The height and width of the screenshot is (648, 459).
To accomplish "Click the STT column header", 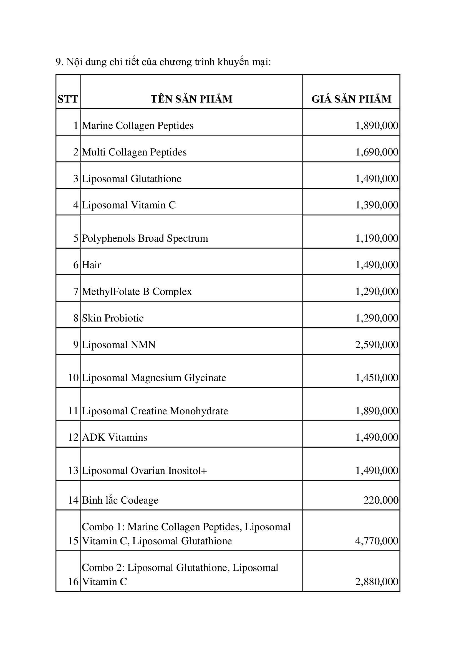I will click(68, 99).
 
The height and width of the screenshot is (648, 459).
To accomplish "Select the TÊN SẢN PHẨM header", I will click(191, 99).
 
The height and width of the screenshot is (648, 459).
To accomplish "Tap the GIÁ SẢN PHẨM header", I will click(351, 99).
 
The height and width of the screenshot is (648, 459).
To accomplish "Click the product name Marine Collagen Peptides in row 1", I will click(138, 126).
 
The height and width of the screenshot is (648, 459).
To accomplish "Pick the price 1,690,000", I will click(377, 152).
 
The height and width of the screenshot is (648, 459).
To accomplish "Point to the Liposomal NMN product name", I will click(119, 345).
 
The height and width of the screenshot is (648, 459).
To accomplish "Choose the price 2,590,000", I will click(377, 345).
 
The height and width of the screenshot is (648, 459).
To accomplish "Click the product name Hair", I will click(91, 265).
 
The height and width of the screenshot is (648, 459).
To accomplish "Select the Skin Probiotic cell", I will click(113, 318).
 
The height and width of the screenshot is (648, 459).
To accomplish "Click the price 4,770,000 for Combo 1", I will click(377, 541).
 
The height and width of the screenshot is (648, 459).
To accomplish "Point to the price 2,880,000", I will click(377, 581).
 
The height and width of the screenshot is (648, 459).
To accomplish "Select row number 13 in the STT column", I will click(73, 470).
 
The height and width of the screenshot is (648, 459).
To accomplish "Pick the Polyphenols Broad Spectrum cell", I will click(145, 238).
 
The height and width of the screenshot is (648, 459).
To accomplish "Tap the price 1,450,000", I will click(377, 377).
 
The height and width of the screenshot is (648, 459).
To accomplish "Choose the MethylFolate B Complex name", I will click(137, 292).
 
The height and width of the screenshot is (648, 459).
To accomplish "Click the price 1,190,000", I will click(377, 238).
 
